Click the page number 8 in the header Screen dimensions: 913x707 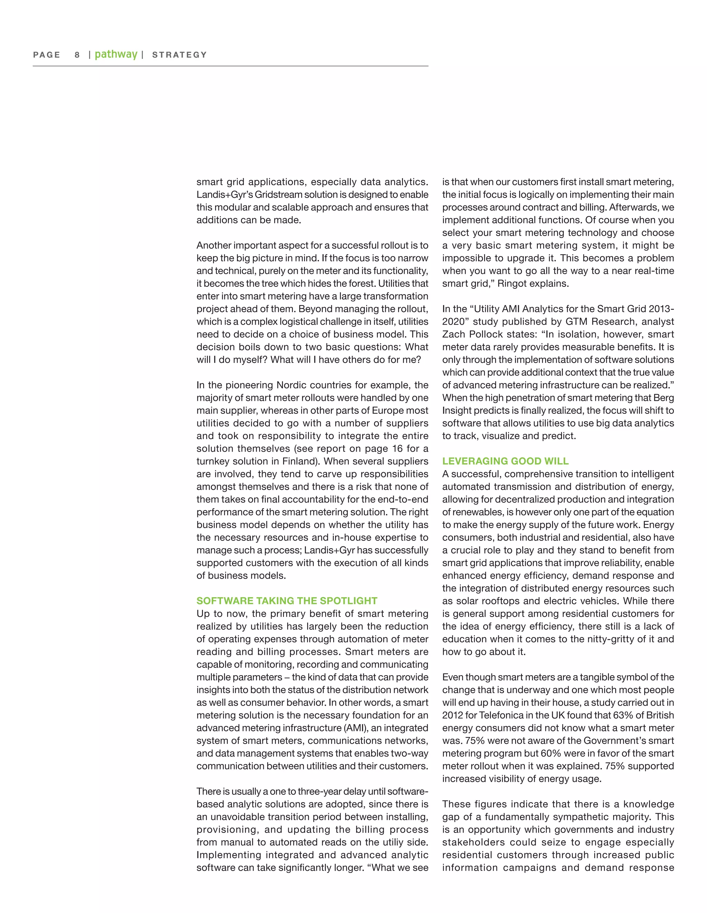coord(77,55)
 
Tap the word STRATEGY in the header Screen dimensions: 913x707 coord(180,55)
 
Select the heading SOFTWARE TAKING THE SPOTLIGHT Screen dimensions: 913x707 coord(287,601)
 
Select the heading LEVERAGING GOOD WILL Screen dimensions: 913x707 coord(505,461)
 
